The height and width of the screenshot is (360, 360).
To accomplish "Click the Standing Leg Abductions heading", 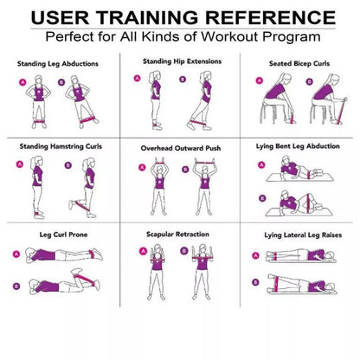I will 58,63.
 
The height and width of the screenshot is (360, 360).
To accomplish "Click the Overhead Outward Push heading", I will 180,148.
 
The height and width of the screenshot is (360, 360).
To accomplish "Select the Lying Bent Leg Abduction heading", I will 299,146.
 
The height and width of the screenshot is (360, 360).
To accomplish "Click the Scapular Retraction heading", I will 179,234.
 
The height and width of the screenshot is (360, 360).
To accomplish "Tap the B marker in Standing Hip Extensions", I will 182,79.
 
